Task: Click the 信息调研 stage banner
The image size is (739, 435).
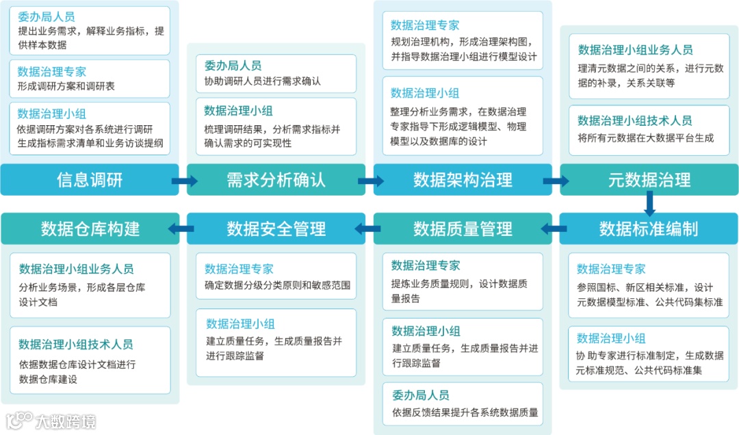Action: (90, 180)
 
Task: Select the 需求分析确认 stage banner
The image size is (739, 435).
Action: (276, 180)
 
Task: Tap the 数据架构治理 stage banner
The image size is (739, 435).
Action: (463, 180)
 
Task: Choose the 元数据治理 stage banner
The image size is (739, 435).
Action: (649, 180)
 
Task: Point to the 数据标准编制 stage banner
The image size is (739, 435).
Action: (649, 228)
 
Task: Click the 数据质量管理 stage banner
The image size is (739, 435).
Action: (463, 228)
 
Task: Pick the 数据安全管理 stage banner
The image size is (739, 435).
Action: (276, 228)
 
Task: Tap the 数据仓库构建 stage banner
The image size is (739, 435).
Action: (90, 228)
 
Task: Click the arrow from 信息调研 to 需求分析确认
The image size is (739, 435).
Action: (183, 181)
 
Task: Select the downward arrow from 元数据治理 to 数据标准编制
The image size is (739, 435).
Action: (649, 204)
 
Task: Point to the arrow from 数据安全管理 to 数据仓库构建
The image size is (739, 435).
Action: (182, 229)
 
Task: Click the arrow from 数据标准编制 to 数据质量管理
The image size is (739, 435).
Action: (555, 229)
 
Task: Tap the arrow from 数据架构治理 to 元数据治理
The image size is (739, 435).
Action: (556, 181)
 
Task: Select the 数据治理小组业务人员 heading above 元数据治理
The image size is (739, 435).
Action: (635, 50)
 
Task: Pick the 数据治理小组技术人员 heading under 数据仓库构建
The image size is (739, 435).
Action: (76, 344)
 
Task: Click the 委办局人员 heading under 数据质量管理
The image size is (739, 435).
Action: (420, 395)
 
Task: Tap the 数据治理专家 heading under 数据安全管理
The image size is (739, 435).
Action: (239, 269)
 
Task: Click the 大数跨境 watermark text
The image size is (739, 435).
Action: (66, 421)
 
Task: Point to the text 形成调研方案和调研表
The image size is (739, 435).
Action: (66, 87)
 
